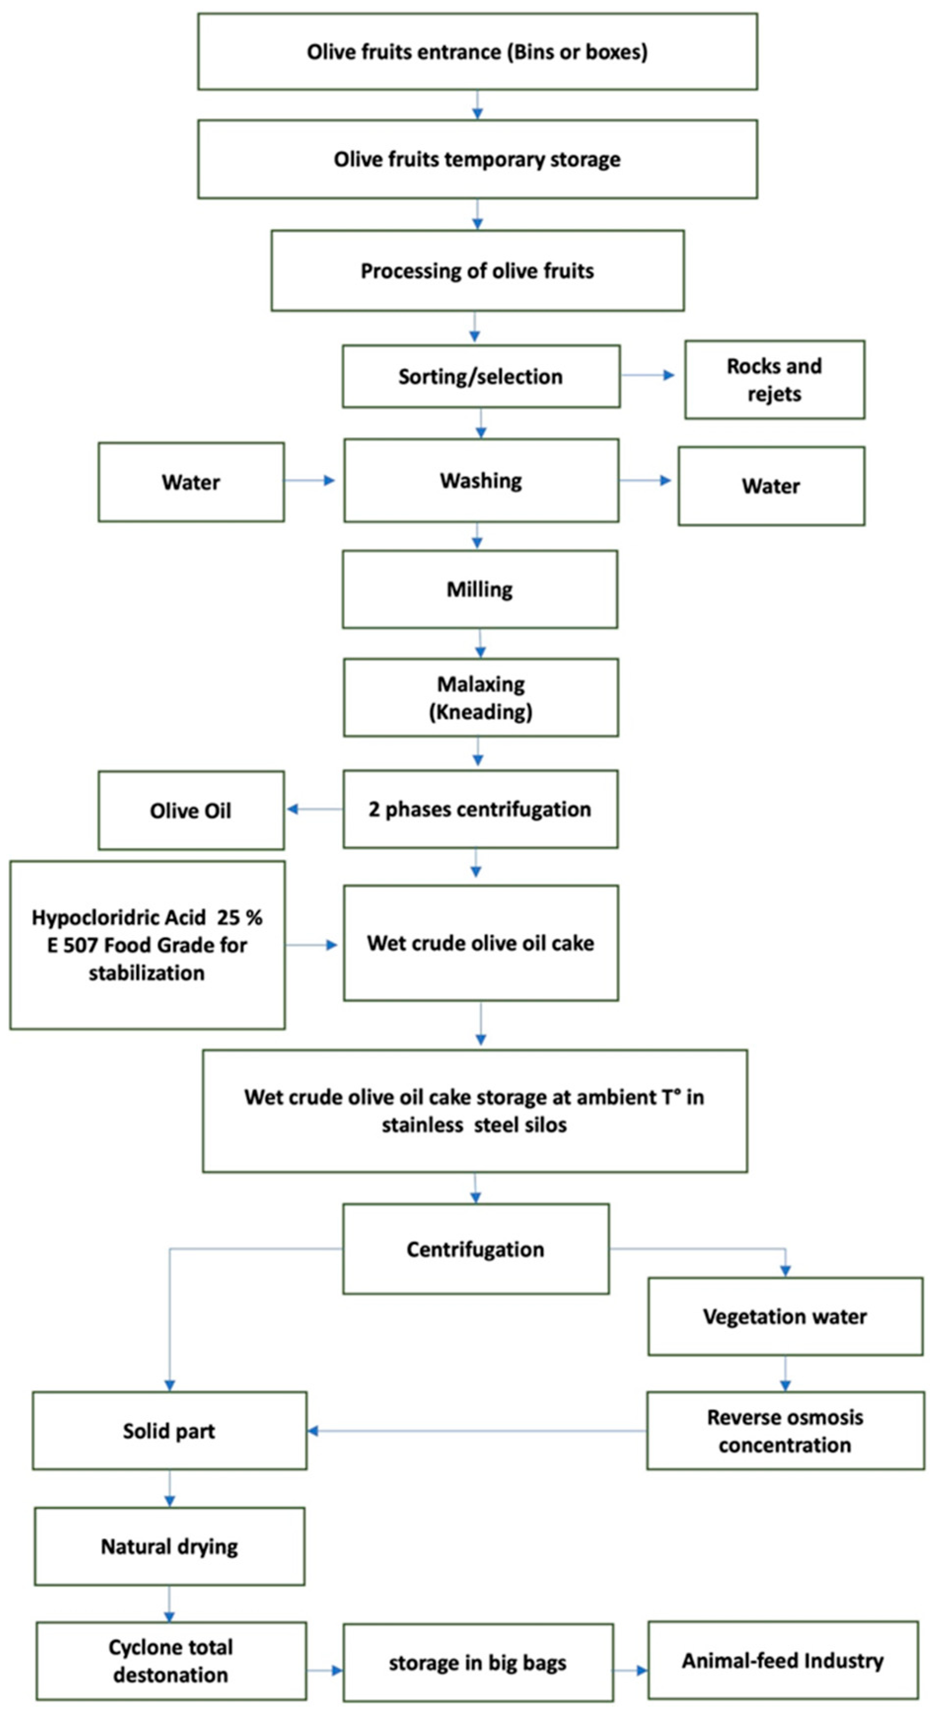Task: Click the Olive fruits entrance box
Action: [x=477, y=52]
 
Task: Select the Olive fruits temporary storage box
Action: [x=477, y=159]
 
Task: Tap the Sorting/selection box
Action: [x=481, y=376]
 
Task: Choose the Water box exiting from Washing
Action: [x=771, y=486]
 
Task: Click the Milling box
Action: [x=479, y=590]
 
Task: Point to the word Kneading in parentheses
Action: [x=481, y=712]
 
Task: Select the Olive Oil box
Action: [x=191, y=811]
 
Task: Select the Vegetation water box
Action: [x=785, y=1317]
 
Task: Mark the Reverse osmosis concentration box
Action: [x=785, y=1431]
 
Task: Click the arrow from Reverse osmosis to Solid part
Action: [x=476, y=1431]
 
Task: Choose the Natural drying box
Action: [x=169, y=1546]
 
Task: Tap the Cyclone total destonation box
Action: [x=171, y=1661]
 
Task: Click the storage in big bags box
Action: [x=477, y=1663]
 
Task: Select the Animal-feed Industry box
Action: [x=783, y=1661]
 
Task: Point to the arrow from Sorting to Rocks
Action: [x=647, y=375]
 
